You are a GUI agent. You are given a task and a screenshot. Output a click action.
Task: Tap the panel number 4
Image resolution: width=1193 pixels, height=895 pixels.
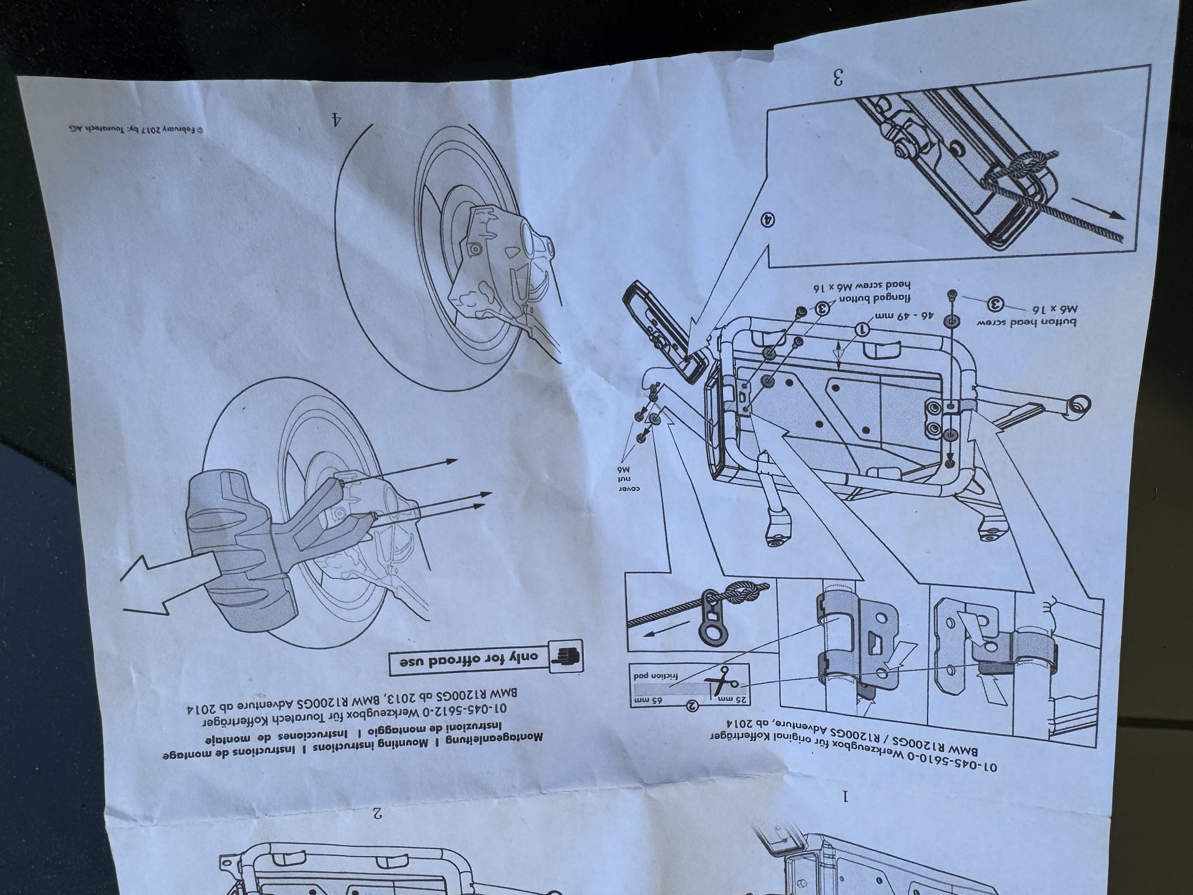tap(337, 118)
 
